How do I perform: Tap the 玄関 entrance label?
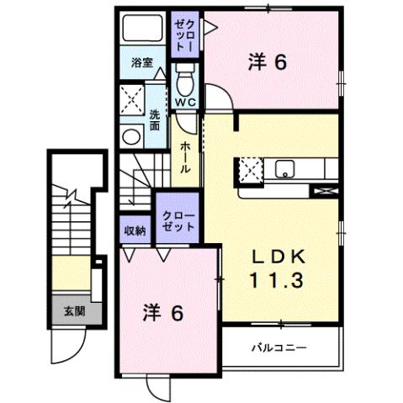tap(73, 310)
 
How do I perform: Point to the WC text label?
tap(185, 103)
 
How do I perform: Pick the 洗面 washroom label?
tap(155, 120)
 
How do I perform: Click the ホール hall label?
tap(185, 157)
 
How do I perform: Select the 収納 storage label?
tap(135, 228)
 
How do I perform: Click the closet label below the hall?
tap(178, 221)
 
